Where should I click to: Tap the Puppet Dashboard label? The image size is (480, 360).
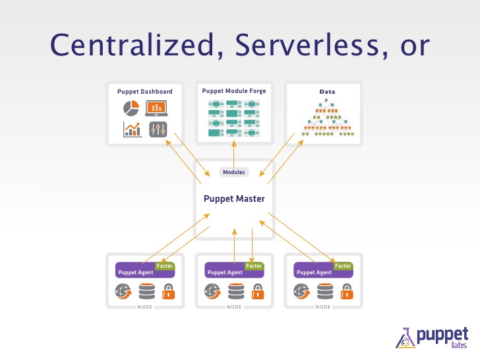[144, 91]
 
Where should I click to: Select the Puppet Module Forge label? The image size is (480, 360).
[234, 90]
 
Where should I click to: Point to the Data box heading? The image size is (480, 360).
[324, 91]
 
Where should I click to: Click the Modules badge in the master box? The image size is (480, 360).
[234, 172]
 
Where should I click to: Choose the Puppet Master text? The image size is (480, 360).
[234, 198]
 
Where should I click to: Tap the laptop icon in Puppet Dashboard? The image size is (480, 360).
[157, 107]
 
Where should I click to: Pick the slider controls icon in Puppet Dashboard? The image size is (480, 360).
[158, 129]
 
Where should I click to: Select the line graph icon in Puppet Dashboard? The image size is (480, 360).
[132, 129]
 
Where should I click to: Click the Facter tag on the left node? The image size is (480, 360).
[164, 266]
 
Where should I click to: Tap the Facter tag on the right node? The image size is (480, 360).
[342, 266]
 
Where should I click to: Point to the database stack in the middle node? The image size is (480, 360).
[235, 291]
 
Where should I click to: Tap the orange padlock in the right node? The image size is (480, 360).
[346, 291]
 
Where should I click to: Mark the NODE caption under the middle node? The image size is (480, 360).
[234, 307]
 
